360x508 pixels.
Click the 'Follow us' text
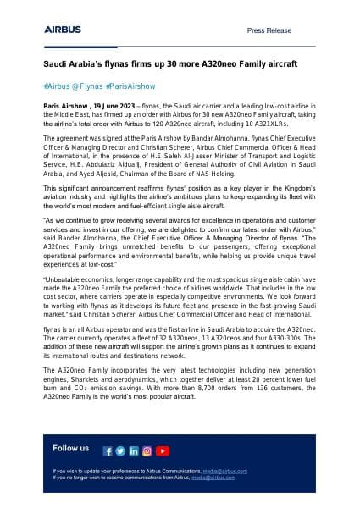click(x=70, y=448)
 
